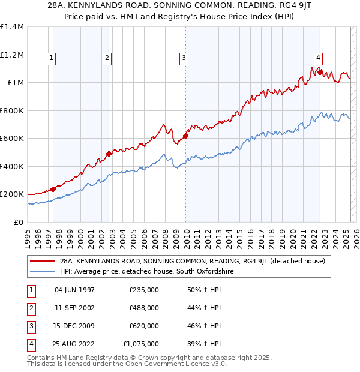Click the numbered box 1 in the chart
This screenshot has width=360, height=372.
51,58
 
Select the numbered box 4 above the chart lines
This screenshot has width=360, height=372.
318,58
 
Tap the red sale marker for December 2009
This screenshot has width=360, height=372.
185,136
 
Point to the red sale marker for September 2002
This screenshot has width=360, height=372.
109,154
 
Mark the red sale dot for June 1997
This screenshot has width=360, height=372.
53,189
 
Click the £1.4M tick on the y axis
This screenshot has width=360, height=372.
12,27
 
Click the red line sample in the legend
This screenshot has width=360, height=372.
42,261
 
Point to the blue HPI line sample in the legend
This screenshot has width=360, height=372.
42,271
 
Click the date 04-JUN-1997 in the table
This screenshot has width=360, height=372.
74,290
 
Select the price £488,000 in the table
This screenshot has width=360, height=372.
144,308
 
